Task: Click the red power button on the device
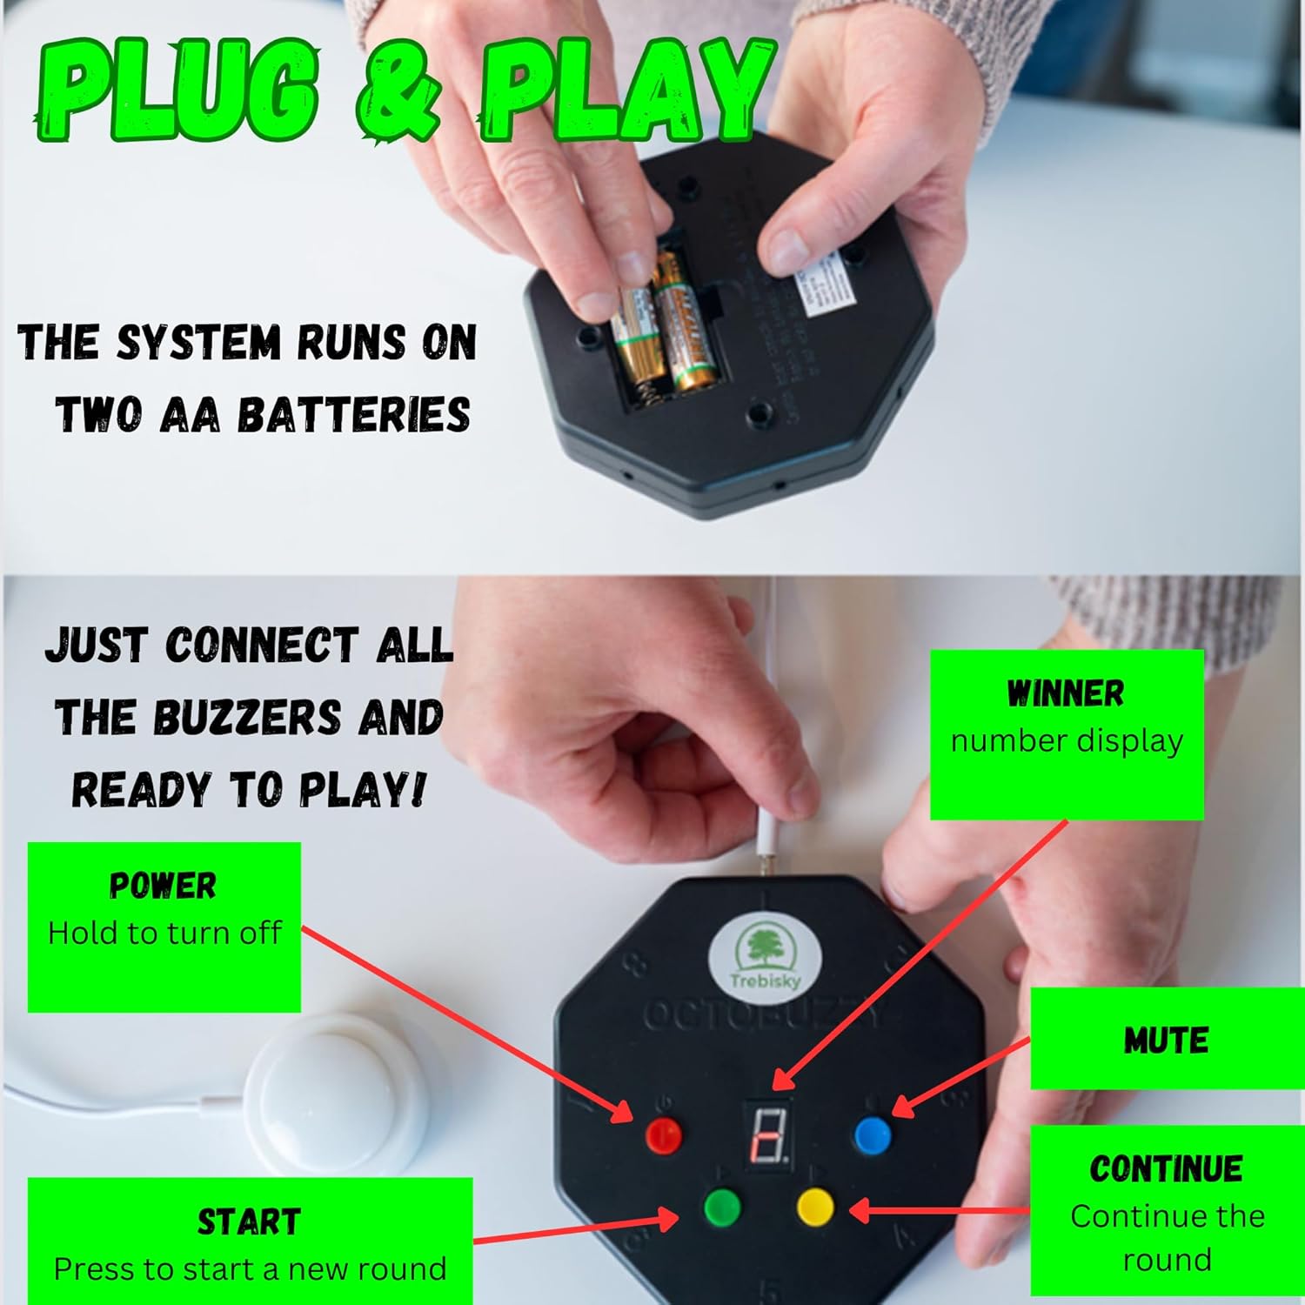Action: pos(665,1134)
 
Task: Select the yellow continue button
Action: pos(815,1207)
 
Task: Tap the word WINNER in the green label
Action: pos(1065,693)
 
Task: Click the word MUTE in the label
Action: pos(1166,1041)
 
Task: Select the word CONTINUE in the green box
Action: pos(1166,1168)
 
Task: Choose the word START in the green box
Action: pos(249,1222)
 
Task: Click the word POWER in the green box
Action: pos(163,886)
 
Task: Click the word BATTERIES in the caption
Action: pos(353,415)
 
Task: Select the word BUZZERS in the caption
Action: pos(247,718)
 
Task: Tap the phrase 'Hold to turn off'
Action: pos(164,934)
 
